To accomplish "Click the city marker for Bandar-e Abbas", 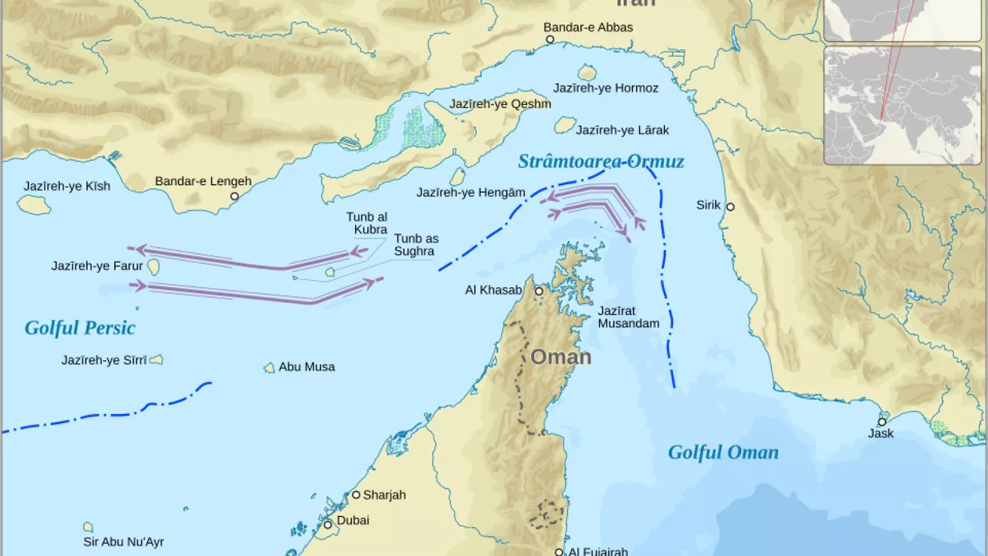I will (x=550, y=39).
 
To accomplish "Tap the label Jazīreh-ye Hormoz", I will (x=605, y=88).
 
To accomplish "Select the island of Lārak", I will (x=565, y=125).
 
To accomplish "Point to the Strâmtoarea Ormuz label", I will (x=601, y=162).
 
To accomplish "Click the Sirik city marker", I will (x=730, y=207).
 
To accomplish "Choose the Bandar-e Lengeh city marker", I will (x=234, y=196).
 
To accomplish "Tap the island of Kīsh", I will (x=34, y=204).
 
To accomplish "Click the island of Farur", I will (x=154, y=267).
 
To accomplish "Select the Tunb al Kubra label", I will (x=366, y=223).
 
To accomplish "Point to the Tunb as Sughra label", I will (x=416, y=245).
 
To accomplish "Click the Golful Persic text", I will (x=80, y=328).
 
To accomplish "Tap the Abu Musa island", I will (x=270, y=368).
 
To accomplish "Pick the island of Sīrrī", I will (x=156, y=360).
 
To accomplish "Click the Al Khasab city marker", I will (x=539, y=291).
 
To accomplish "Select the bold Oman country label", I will (x=561, y=358).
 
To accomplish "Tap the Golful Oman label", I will (x=723, y=452).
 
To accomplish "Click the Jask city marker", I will (x=882, y=422).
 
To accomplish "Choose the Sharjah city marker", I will (x=355, y=495).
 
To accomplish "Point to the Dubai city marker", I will (x=328, y=524).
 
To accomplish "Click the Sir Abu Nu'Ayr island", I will (x=89, y=528).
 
